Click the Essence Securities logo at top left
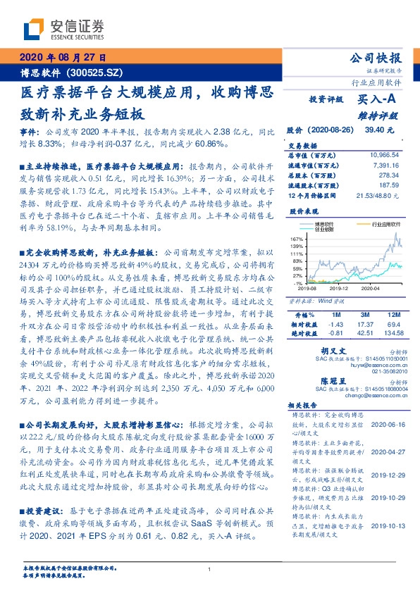[63, 29]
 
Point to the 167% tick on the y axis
[296, 239]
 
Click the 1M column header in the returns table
[336, 314]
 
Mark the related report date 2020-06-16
[384, 425]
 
